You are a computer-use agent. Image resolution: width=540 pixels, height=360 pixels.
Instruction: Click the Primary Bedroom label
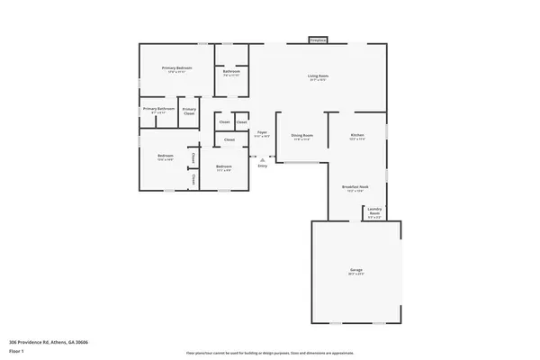pos(177,68)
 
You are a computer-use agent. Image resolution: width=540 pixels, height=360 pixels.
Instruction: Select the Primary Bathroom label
pos(158,109)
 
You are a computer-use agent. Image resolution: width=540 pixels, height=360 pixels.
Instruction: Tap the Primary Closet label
pos(189,111)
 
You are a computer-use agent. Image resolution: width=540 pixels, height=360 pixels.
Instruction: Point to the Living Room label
pos(318,76)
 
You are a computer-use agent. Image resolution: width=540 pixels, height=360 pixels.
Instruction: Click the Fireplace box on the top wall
pos(318,40)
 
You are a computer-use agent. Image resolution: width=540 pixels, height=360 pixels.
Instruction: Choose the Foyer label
pos(262,132)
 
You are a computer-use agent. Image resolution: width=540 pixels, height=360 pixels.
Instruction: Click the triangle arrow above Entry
pos(263,160)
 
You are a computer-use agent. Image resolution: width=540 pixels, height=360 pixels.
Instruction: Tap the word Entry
pos(263,166)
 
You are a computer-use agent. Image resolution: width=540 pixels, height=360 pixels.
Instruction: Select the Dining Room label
pos(301,135)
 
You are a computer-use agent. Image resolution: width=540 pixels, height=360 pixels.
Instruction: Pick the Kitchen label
pos(357,135)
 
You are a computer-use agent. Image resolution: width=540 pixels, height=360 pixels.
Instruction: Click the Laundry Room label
pos(374,212)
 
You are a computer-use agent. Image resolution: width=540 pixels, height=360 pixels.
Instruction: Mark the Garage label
pos(356,270)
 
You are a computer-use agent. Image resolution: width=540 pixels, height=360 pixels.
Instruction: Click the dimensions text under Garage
pos(356,274)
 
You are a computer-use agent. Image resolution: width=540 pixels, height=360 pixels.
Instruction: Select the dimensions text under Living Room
pos(318,81)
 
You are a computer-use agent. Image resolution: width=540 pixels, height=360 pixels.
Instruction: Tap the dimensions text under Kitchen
pos(357,139)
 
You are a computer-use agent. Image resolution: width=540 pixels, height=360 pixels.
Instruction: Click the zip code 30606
pos(82,343)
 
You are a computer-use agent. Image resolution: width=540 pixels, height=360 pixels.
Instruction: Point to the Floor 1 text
pos(16,351)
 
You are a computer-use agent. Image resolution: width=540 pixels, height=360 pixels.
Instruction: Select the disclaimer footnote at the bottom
pos(269,353)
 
